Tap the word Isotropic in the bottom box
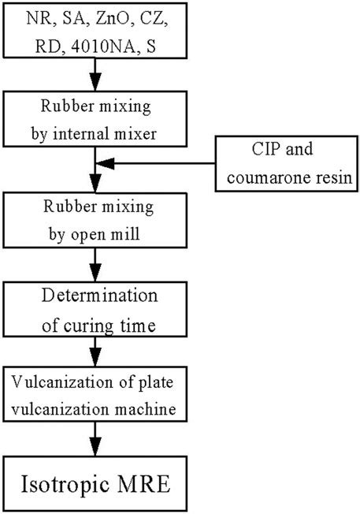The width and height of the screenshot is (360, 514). [69, 480]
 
